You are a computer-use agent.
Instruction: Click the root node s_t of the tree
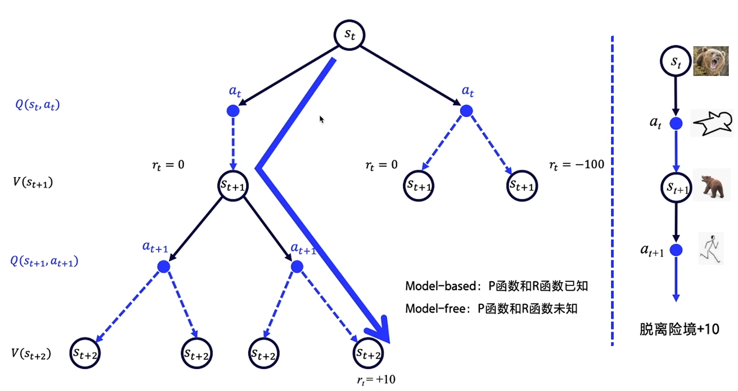point(349,35)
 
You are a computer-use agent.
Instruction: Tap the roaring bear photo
point(711,61)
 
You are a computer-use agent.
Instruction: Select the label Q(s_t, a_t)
point(37,105)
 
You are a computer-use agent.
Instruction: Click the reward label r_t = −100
point(576,165)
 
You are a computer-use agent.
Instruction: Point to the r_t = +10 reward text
point(376,379)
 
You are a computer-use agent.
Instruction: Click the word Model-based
point(440,286)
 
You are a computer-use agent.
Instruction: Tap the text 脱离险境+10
point(679,329)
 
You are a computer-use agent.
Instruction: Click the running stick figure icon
point(711,249)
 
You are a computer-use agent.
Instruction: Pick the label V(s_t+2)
point(31,354)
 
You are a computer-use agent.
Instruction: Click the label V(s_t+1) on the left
point(33,183)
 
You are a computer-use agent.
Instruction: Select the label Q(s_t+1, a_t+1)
point(44,261)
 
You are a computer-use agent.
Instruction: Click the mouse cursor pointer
point(321,119)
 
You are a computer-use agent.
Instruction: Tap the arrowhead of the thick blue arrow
point(380,332)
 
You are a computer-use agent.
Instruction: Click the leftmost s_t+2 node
point(85,353)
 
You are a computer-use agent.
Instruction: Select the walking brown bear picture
point(712,186)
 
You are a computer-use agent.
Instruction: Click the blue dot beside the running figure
point(676,250)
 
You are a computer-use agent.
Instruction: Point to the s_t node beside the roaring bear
point(675,61)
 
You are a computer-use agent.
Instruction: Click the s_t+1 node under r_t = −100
point(522,186)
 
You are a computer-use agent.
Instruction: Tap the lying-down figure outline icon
point(711,123)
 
